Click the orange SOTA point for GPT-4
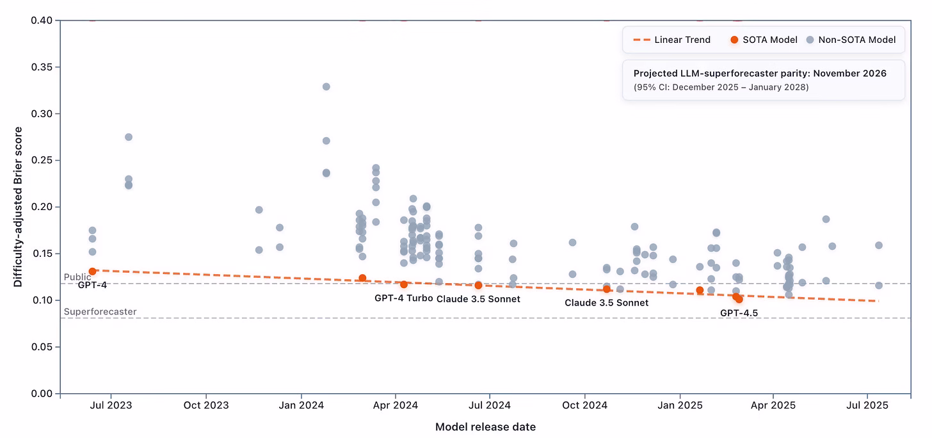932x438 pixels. (92, 272)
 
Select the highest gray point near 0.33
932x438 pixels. (326, 86)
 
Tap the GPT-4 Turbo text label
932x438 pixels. (403, 298)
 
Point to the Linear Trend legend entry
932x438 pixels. (672, 40)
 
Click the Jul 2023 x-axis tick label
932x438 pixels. (111, 405)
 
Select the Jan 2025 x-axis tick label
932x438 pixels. (680, 405)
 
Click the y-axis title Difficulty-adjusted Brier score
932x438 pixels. (18, 207)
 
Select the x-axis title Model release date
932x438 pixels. (485, 427)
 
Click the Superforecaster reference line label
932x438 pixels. (100, 312)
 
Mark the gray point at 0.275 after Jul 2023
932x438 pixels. (128, 137)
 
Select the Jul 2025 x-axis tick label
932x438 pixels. (867, 405)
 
